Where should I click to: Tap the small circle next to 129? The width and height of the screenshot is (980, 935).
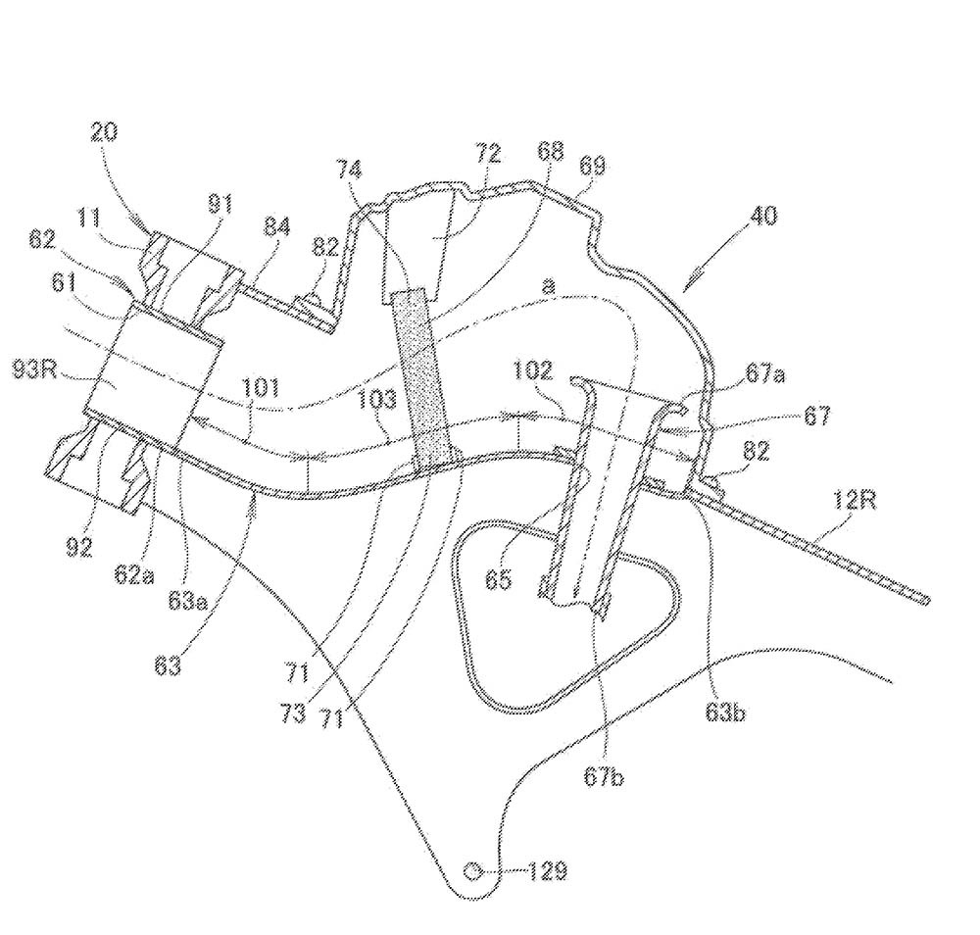[x=474, y=869]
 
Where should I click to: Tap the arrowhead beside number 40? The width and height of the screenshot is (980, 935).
[x=693, y=283]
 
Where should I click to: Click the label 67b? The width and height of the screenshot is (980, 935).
[x=607, y=777]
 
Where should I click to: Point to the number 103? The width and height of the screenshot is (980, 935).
[x=376, y=398]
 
